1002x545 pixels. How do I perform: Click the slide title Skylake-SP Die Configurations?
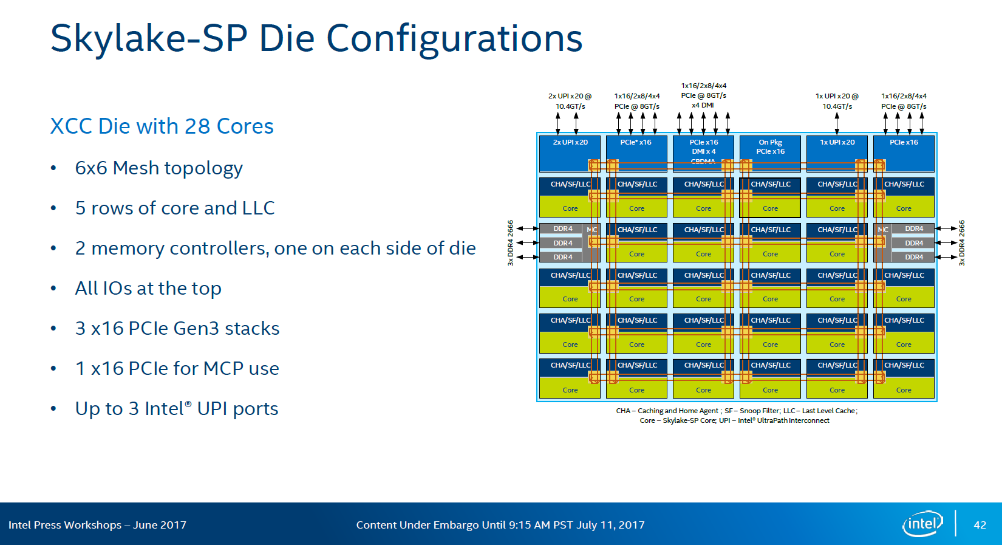[316, 38]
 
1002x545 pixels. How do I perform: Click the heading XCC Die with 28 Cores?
[162, 126]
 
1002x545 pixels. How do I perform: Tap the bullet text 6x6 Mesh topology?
[158, 168]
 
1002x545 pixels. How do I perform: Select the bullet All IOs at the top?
[148, 288]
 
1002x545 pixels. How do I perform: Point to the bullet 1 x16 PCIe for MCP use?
[177, 368]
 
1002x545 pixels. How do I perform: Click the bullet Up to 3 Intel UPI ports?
[176, 408]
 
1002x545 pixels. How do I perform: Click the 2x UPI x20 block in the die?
[570, 153]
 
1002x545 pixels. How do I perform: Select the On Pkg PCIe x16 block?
[770, 153]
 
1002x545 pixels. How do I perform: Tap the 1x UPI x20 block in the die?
[837, 153]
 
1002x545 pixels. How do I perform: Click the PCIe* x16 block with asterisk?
[636, 153]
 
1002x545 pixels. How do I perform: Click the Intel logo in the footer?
[922, 524]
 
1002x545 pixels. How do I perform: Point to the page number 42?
[980, 525]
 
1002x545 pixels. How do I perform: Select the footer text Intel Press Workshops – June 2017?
[97, 525]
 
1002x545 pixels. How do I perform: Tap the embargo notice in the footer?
[500, 525]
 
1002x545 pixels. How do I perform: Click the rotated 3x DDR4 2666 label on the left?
[511, 243]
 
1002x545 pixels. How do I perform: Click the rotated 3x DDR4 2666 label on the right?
[962, 243]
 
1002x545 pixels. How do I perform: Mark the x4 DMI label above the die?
[703, 105]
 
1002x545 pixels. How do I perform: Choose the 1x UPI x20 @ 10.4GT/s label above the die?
[837, 101]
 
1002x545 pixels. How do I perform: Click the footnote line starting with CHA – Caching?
[736, 411]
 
